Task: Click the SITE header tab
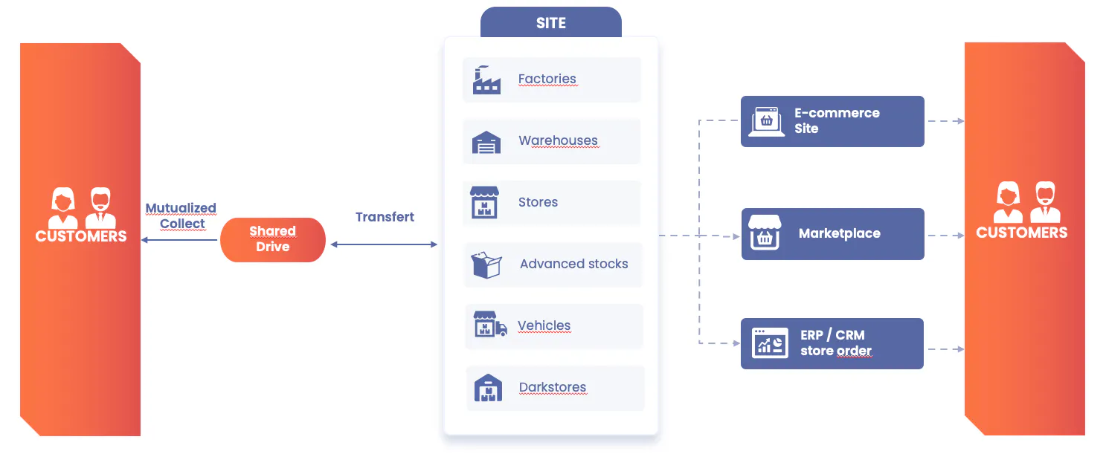pos(550,22)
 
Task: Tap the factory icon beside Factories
pos(486,80)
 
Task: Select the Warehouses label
pos(558,140)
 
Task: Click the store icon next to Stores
pos(484,202)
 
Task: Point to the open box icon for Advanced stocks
pos(486,265)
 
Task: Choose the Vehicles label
pos(544,325)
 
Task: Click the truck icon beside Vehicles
pos(490,324)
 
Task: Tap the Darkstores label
pos(553,387)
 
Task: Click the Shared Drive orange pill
pos(272,240)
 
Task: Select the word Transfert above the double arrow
pos(385,217)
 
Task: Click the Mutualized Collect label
pos(181,215)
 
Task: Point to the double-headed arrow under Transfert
pos(384,244)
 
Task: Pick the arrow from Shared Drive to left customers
pos(179,240)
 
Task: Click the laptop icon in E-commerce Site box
pos(766,121)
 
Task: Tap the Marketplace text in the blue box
pos(840,233)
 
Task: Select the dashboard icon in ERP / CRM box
pos(770,343)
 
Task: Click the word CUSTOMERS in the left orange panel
pos(81,236)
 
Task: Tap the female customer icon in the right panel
pos(1009,202)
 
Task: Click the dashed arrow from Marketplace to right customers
pos(946,236)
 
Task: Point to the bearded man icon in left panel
pos(100,208)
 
